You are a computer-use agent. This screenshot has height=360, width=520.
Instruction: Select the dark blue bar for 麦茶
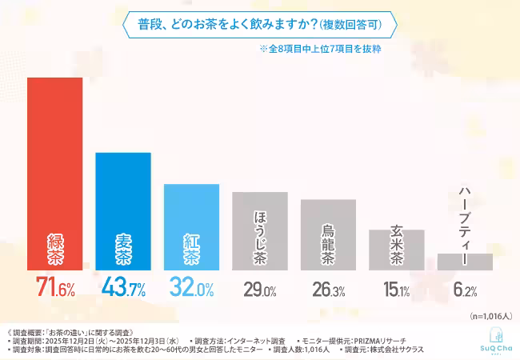click(x=122, y=211)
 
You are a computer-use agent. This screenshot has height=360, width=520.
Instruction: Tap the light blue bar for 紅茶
click(x=191, y=227)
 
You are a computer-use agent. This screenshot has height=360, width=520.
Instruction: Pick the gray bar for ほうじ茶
click(x=259, y=231)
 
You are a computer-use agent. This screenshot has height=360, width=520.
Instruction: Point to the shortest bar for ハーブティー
click(x=465, y=262)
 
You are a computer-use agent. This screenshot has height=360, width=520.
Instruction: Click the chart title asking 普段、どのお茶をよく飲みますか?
click(x=260, y=24)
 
